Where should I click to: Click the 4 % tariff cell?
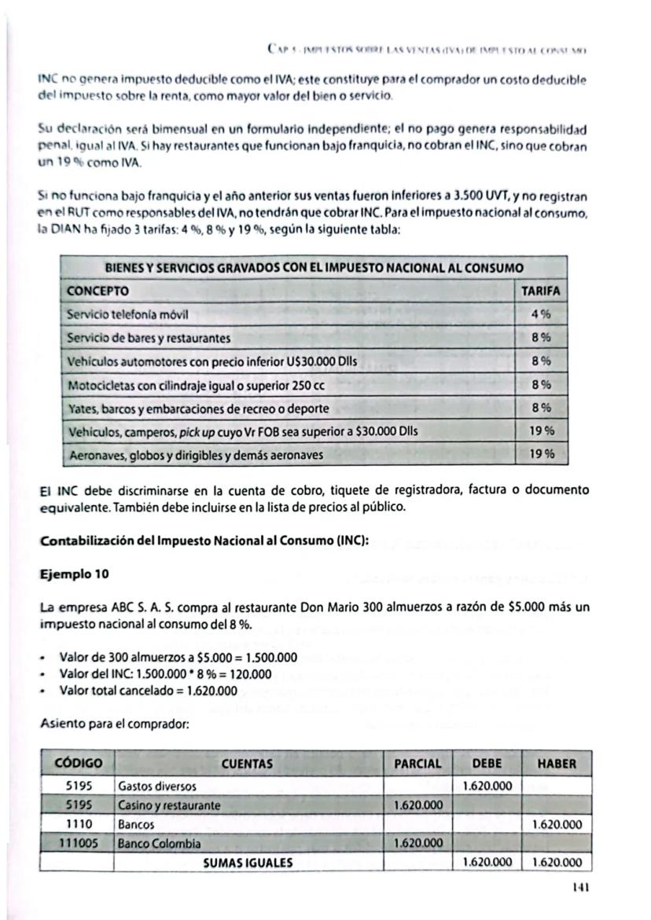coord(540,314)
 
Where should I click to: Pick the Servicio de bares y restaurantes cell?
coord(149,338)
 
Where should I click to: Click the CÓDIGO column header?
coord(78,763)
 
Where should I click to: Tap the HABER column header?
coord(557,763)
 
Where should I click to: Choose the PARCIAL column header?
coord(417,763)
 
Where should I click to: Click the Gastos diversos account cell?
coord(157,786)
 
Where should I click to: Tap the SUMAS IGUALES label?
coord(248,862)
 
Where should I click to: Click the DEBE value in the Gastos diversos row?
coord(487,786)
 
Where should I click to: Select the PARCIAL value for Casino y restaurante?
coord(417,805)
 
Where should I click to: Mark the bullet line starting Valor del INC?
coord(165,674)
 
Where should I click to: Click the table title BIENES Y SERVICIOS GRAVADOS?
coord(314,267)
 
